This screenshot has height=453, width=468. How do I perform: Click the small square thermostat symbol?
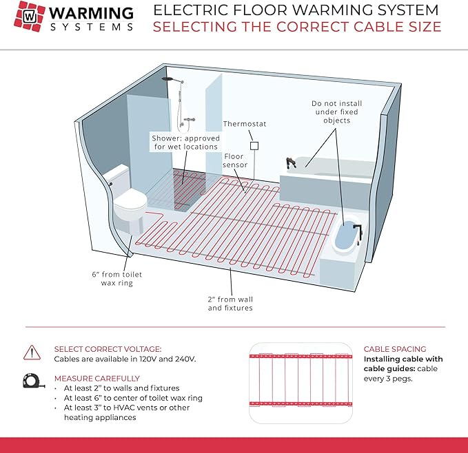coord(254,145)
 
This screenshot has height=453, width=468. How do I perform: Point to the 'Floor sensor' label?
coord(234,161)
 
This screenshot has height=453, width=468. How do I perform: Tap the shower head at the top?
coord(168,81)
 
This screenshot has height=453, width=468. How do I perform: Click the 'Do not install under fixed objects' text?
coord(336,112)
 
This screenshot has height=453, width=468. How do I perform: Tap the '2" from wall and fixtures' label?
coord(231,304)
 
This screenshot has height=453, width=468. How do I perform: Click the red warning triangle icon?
coord(32,352)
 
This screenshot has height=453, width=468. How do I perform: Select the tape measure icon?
coord(32,381)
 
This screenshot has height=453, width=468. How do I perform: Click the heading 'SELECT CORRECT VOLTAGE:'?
coord(108,349)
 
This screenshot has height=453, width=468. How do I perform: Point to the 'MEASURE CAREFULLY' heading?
coord(96,378)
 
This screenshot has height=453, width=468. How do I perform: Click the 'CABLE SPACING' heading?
coord(395,349)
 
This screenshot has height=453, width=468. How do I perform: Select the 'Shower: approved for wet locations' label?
coord(185,143)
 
